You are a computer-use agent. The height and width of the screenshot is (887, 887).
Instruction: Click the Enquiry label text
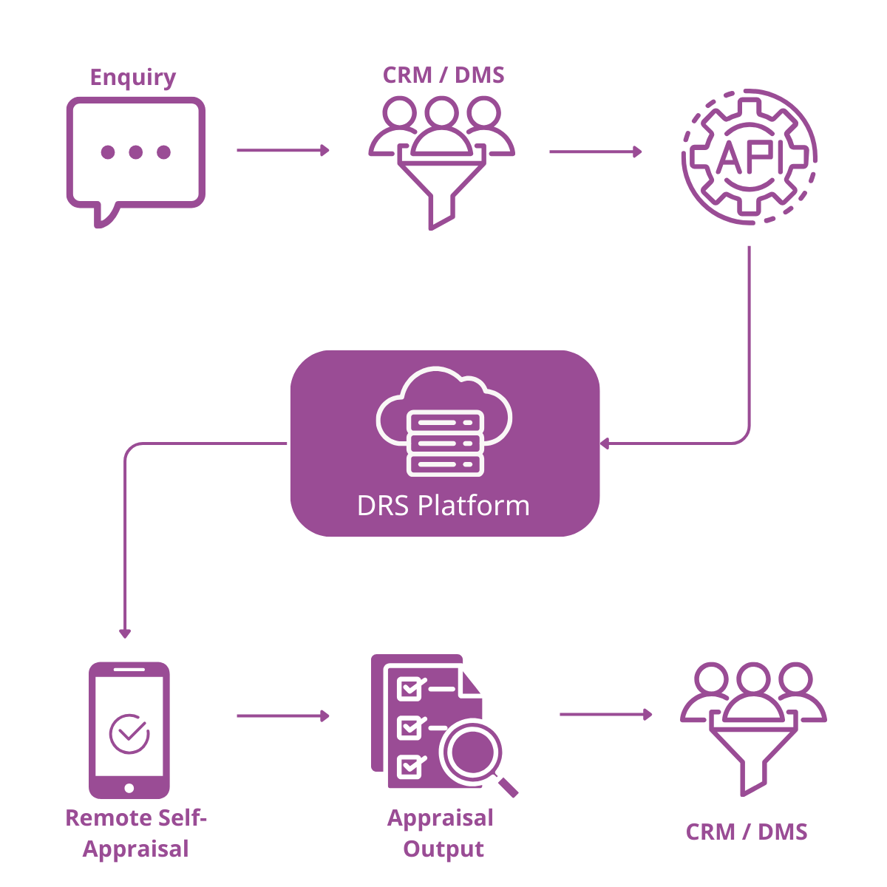(x=133, y=77)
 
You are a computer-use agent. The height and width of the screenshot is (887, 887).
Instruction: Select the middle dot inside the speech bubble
(x=135, y=152)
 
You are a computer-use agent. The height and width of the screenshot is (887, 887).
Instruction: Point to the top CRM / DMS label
(x=443, y=75)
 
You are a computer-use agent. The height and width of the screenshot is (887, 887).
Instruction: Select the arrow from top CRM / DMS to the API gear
(x=595, y=152)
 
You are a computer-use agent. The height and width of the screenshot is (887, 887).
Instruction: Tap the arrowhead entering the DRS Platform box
(x=605, y=443)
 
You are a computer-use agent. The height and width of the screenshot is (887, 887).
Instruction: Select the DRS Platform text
(x=443, y=506)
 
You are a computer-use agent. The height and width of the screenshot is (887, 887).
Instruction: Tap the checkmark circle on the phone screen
(x=129, y=733)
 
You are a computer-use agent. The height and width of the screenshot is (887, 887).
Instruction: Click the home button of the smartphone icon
(x=129, y=786)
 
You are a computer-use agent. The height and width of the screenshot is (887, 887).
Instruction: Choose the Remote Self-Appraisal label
(x=136, y=833)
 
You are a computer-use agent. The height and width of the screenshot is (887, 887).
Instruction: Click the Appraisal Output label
(x=441, y=833)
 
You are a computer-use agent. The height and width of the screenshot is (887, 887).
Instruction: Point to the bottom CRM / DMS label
(x=747, y=832)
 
